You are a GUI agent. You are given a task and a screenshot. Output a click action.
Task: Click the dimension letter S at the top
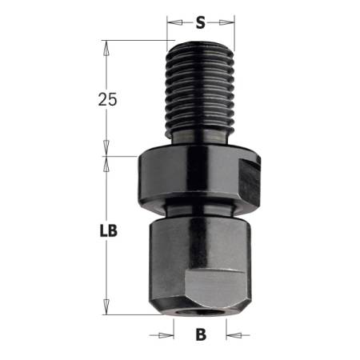pyautogui.click(x=201, y=22)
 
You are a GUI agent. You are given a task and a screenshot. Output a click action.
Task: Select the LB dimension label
pyautogui.click(x=110, y=232)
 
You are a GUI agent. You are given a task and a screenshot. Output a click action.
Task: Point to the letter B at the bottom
pyautogui.click(x=201, y=334)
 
